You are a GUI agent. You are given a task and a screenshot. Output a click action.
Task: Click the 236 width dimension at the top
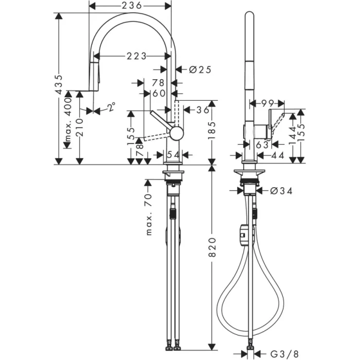point(131,5)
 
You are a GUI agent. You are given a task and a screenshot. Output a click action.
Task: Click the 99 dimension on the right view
point(266,103)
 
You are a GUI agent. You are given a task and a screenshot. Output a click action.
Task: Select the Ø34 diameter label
point(281,191)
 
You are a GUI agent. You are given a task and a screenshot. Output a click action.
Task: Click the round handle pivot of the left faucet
point(176,133)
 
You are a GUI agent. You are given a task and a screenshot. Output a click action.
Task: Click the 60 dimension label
point(159,93)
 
